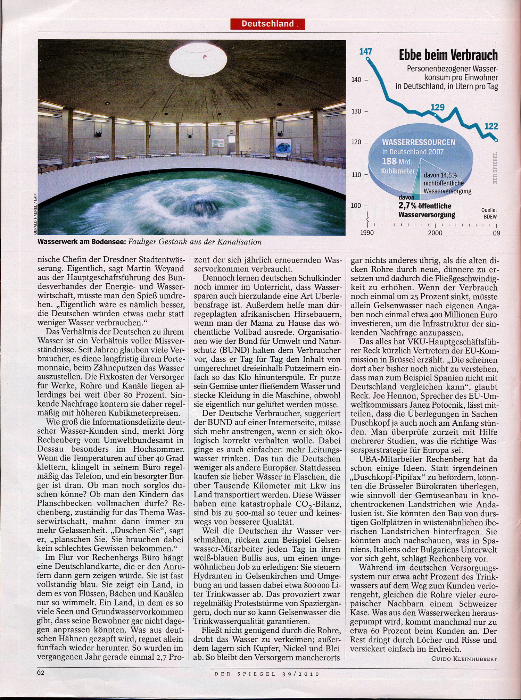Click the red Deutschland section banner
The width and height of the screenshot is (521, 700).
(x=267, y=24)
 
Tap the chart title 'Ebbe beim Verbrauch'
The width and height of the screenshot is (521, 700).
(x=448, y=55)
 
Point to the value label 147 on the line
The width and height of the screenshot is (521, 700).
(x=365, y=52)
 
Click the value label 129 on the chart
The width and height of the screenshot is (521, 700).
(x=437, y=107)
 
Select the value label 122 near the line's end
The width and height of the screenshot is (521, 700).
(x=491, y=126)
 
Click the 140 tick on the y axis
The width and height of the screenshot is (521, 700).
(x=356, y=80)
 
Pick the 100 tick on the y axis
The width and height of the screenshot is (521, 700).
(x=356, y=206)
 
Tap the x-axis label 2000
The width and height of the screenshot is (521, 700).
(x=435, y=233)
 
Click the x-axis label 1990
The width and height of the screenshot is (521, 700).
(x=367, y=233)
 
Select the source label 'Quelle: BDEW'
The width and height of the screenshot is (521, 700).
(x=489, y=213)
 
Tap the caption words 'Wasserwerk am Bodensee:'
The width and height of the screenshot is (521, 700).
(x=82, y=242)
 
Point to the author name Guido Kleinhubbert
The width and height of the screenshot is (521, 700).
(x=464, y=659)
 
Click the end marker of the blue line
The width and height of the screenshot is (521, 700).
(x=496, y=140)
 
